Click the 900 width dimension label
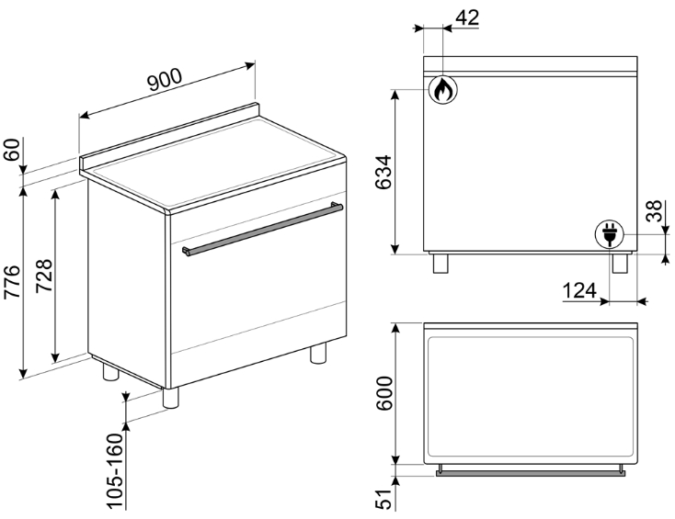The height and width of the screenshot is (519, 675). point(165,80)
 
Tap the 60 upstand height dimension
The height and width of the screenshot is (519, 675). point(12,149)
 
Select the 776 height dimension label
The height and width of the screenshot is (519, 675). point(12,282)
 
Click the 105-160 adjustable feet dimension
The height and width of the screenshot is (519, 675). point(115,471)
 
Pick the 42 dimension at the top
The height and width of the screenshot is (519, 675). point(466,17)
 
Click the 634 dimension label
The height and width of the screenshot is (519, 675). point(383,172)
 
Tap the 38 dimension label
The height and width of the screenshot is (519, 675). point(654,210)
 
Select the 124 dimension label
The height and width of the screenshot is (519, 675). point(579,290)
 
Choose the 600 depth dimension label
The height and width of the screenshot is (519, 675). point(384,393)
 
